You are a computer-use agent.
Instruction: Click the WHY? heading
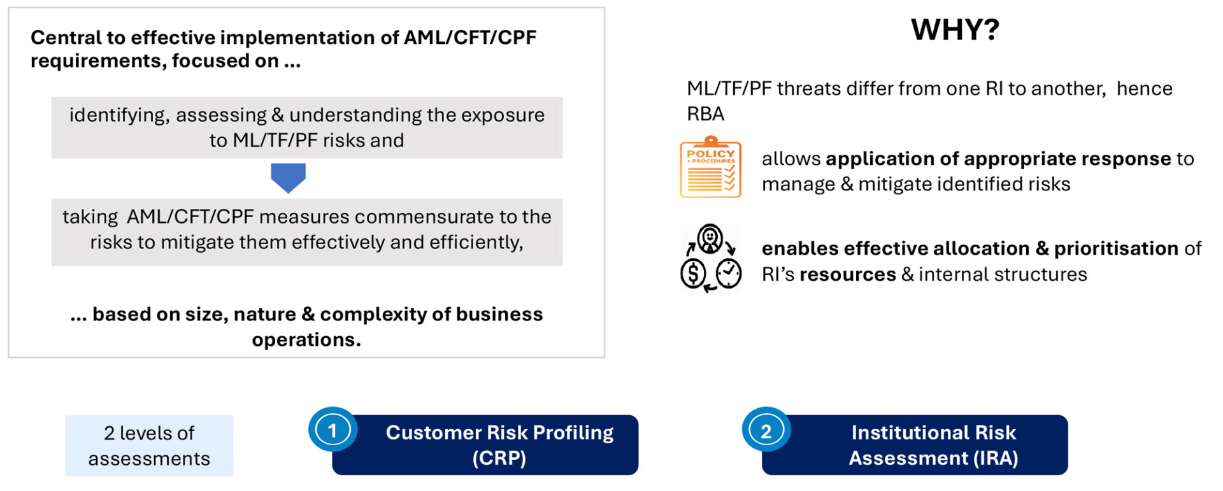(955, 30)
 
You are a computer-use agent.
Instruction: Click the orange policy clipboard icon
(710, 167)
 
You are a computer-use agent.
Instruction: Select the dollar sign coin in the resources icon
(693, 274)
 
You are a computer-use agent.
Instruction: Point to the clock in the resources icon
(728, 274)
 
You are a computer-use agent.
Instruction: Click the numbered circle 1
(332, 431)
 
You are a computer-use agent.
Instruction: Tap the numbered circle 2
(766, 431)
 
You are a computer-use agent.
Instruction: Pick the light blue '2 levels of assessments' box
(149, 445)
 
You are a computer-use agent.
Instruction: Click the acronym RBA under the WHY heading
(705, 114)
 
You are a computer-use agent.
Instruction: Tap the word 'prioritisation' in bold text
(1115, 248)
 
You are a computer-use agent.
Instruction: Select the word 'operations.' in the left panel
(306, 339)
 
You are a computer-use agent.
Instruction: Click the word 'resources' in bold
(847, 274)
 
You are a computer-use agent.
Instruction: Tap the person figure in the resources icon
(710, 239)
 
